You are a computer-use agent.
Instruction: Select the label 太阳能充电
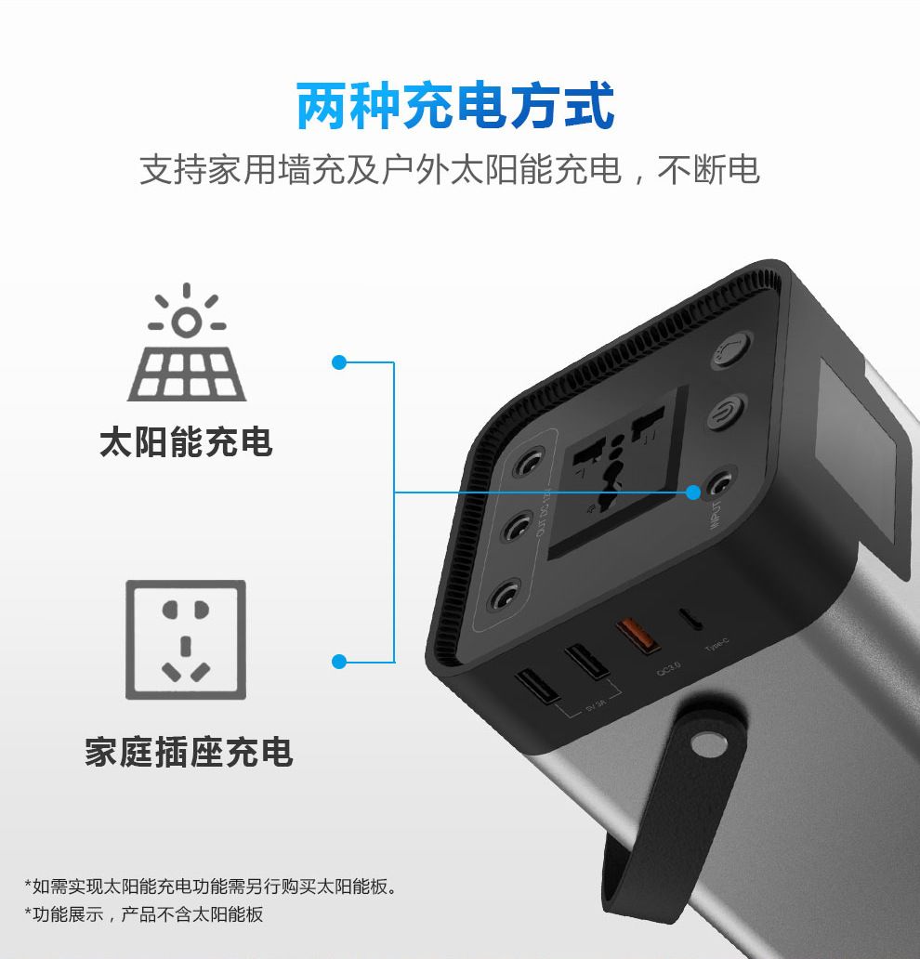tap(187, 442)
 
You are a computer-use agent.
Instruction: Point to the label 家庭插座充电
tap(189, 752)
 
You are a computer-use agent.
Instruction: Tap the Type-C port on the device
tap(691, 618)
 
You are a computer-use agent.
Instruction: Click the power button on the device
tap(726, 414)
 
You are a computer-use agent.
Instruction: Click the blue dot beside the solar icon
tap(339, 362)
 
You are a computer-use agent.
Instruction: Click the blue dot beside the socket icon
tap(339, 662)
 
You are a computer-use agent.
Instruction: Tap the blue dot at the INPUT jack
tap(693, 493)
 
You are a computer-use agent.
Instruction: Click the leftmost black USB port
tap(537, 686)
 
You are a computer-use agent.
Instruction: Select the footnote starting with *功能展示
tap(144, 913)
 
